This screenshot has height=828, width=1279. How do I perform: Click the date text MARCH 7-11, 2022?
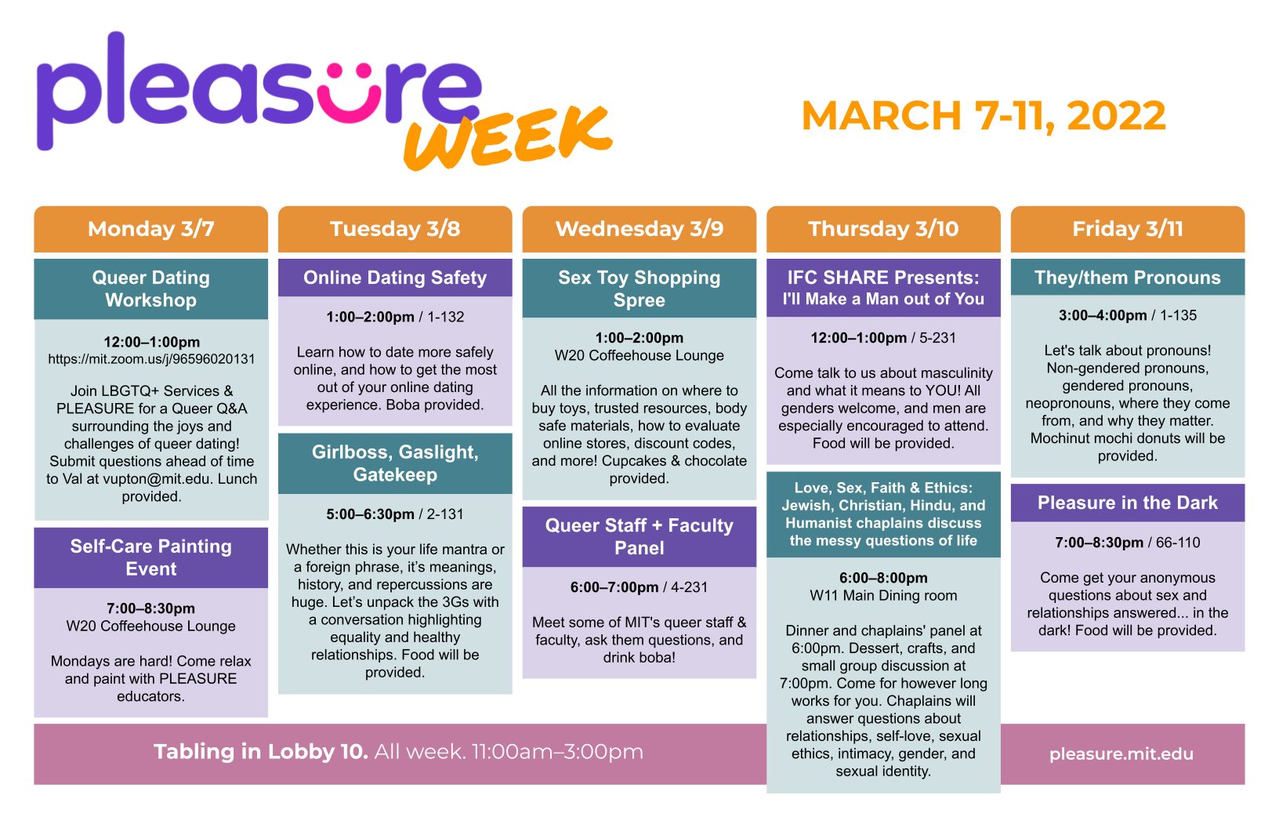click(x=984, y=116)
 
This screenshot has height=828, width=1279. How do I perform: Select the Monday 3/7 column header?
click(x=150, y=229)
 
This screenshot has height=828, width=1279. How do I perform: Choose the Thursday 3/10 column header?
click(x=883, y=229)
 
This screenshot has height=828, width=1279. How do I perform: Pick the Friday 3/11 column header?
click(x=1128, y=229)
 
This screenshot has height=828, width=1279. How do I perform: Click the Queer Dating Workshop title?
click(x=150, y=289)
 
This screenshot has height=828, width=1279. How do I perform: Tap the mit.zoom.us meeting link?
click(x=151, y=359)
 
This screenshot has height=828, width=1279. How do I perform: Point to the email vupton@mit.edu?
click(x=156, y=479)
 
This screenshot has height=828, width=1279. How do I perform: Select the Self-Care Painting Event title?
click(x=150, y=557)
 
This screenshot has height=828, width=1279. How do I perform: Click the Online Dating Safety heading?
click(x=395, y=278)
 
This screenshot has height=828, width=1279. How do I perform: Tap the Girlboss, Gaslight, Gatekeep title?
click(x=395, y=463)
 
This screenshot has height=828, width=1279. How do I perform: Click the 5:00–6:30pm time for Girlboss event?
click(x=370, y=514)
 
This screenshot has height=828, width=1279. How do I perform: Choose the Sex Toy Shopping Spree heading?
click(x=639, y=289)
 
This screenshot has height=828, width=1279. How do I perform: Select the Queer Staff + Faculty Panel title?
click(x=639, y=536)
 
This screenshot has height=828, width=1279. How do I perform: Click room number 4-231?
click(x=689, y=586)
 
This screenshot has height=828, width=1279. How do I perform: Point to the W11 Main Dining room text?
click(x=883, y=595)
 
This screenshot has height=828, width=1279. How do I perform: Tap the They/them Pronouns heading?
click(x=1128, y=278)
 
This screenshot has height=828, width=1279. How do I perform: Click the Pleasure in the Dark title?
click(x=1128, y=503)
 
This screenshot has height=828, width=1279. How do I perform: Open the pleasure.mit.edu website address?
click(x=1121, y=754)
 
